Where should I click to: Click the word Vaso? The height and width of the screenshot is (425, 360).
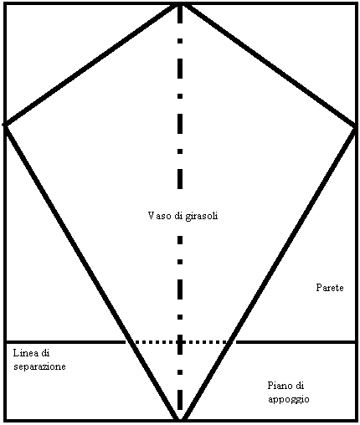157,216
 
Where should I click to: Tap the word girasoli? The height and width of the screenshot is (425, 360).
202,217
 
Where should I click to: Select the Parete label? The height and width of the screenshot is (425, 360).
330,288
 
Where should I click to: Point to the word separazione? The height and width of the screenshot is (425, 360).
39,366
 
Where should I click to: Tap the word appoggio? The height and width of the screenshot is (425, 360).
289,399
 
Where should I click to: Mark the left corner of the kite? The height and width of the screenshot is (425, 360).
5,125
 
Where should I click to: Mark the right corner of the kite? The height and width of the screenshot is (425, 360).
356,127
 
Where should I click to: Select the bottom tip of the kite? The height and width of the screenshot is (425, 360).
180,419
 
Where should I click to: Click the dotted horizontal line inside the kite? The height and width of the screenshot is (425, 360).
180,342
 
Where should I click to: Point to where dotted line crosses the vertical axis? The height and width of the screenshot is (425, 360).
180,342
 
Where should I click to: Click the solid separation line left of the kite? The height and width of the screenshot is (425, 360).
66,342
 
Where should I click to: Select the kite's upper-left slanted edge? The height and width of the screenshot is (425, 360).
93,64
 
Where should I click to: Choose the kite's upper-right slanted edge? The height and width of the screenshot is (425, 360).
268,64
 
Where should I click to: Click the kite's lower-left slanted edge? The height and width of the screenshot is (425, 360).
93,273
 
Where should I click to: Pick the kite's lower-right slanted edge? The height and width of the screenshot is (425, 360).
268,274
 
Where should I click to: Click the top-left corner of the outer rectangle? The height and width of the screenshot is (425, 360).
5,3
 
